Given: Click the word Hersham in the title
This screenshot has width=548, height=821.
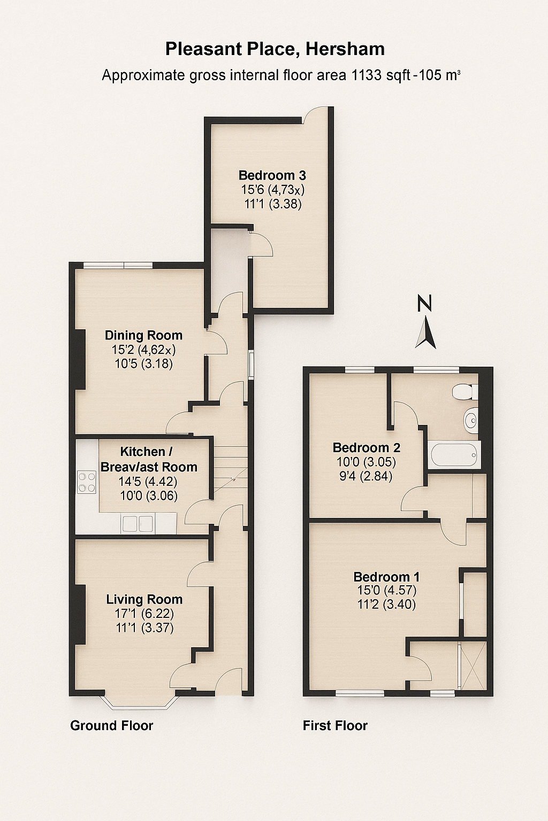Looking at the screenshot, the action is [x=345, y=50].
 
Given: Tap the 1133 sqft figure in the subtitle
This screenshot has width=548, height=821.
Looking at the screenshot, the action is [x=380, y=75].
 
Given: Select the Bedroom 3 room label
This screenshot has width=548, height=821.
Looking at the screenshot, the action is [x=272, y=175].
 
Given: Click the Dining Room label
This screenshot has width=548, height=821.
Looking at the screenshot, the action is [x=143, y=335].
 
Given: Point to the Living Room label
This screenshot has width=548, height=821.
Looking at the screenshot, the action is [x=144, y=599].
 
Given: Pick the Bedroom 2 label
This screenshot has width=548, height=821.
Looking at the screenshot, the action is [x=366, y=447].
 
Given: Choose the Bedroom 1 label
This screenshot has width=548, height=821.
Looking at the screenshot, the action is [x=386, y=577].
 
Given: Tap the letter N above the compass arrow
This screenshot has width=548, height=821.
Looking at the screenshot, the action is [x=425, y=304].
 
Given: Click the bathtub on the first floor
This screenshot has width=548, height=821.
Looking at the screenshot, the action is [x=454, y=455].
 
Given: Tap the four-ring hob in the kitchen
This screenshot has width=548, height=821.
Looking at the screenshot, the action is [x=87, y=482].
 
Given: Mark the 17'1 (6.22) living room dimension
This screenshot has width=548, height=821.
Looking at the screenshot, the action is [x=144, y=613].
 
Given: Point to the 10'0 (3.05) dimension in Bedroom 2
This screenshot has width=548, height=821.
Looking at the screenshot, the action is [x=366, y=462].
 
